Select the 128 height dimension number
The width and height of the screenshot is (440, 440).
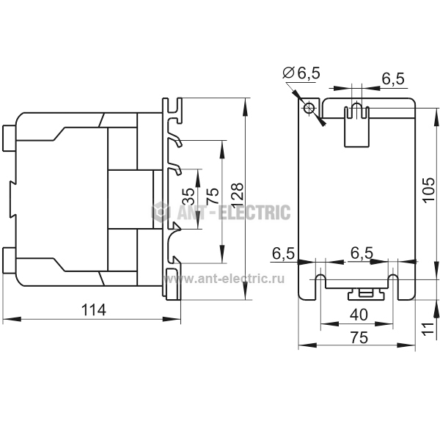238,195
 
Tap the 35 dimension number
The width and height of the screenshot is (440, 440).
188,196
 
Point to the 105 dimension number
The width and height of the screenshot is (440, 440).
429,190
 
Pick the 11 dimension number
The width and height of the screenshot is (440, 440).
428,329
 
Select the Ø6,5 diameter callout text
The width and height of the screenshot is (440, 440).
301,73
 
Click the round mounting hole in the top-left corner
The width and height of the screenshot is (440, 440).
309,108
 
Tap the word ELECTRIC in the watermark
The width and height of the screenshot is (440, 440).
254,212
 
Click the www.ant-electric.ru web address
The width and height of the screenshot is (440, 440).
224,279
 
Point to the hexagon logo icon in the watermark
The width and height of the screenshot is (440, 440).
161,211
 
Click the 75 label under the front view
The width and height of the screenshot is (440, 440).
359,337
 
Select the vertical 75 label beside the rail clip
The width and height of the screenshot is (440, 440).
213,196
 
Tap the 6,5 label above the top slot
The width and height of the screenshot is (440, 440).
393,79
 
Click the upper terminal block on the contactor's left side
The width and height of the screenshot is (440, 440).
10,138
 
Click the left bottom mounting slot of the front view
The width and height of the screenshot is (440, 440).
320,287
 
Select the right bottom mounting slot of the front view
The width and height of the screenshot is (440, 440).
393,287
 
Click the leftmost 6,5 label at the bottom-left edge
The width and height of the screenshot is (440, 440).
283,254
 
